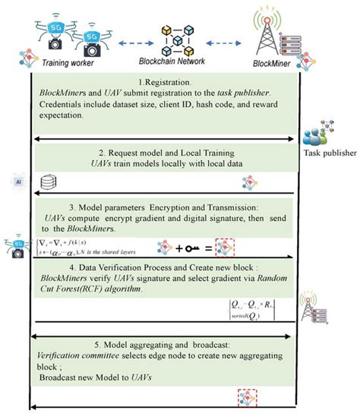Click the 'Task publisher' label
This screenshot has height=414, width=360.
click(x=330, y=152)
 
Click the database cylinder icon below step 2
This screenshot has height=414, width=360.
click(x=49, y=183)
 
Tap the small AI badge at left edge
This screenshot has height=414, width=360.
click(x=17, y=182)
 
